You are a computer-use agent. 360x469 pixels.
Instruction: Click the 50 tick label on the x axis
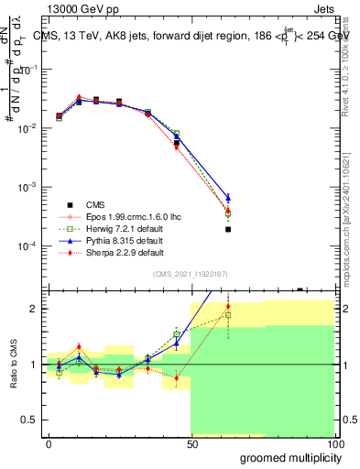pyautogui.click(x=191, y=442)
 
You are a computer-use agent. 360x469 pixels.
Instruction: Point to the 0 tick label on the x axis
pyautogui.click(x=49, y=442)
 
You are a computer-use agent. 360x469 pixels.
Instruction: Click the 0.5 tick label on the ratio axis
pyautogui.click(x=29, y=420)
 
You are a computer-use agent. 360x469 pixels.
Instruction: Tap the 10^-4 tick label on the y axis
pyautogui.click(x=27, y=246)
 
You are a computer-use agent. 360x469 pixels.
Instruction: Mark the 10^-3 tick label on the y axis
pyautogui.click(x=27, y=188)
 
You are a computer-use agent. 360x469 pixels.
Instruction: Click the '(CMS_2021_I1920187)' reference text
pyautogui.click(x=190, y=274)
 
